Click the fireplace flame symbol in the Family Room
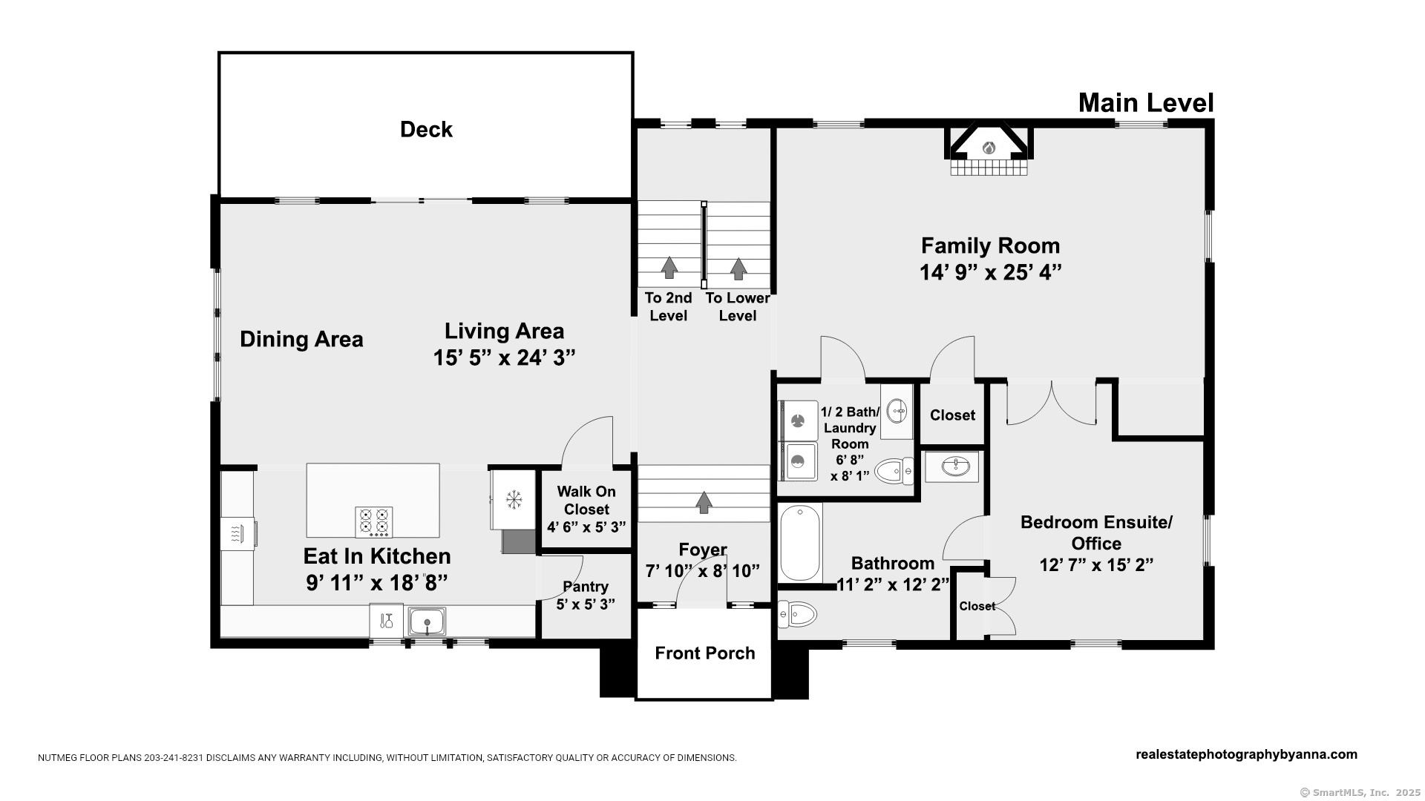click(x=989, y=148)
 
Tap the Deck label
click(x=426, y=130)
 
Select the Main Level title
click(x=1146, y=103)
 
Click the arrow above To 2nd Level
click(x=669, y=267)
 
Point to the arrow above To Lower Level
click(x=738, y=268)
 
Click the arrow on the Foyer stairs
click(x=704, y=502)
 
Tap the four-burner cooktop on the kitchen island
click(x=374, y=522)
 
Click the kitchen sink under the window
click(x=427, y=621)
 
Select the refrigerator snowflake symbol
click(x=513, y=500)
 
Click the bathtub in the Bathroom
click(x=800, y=543)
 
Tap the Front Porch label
click(x=705, y=653)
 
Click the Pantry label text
click(x=586, y=587)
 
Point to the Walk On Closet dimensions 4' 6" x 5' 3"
click(x=586, y=527)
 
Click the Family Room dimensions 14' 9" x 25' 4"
click(x=991, y=273)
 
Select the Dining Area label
click(x=301, y=340)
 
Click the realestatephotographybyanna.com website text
click(x=1246, y=754)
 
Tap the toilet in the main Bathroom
click(x=797, y=614)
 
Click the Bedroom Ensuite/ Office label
click(x=1096, y=533)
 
